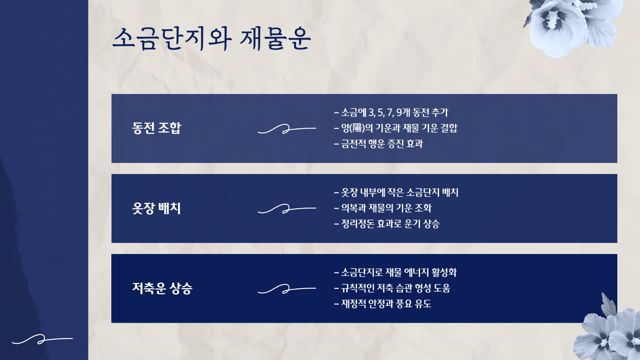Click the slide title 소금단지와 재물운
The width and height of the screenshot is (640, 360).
pos(212,39)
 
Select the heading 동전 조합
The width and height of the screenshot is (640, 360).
pos(156,128)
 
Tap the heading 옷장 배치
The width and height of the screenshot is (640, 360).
pos(156,208)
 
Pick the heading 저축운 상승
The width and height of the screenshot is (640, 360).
pos(162,288)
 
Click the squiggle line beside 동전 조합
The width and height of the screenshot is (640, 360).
pos(287,129)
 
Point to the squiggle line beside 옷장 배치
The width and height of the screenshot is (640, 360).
pos(287,209)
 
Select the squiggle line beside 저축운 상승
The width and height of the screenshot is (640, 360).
pos(287,289)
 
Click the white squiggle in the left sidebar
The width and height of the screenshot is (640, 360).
pos(42,339)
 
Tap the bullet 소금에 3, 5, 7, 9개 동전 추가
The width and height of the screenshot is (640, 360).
pos(391,113)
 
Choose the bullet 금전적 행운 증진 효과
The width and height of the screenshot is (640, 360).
pos(379,144)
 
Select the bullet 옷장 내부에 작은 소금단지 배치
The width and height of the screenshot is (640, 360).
pos(396,192)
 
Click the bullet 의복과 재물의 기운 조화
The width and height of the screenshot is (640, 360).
pos(383,208)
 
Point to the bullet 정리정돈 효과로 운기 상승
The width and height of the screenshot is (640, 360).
pos(387,224)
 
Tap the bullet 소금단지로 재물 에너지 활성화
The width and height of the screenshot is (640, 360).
pos(395,272)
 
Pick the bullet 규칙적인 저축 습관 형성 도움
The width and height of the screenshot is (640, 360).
pos(392,288)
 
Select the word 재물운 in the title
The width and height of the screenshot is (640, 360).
pos(275,39)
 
